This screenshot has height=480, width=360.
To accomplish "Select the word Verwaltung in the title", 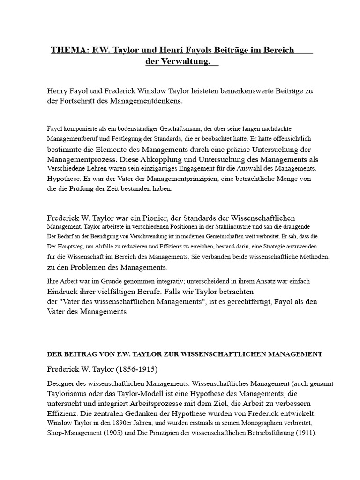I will [185, 62].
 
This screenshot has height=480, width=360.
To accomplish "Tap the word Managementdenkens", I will [146, 101].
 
